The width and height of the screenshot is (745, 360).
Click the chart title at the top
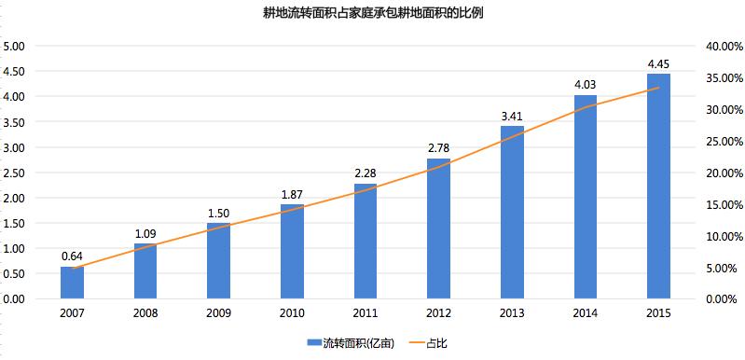click(x=373, y=13)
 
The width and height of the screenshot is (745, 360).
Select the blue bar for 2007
click(x=72, y=283)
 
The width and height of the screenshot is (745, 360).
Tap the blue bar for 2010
click(x=292, y=252)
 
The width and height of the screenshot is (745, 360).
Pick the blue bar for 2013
click(x=512, y=213)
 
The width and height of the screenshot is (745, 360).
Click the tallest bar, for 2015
click(x=658, y=187)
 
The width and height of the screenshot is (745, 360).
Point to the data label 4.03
click(x=586, y=85)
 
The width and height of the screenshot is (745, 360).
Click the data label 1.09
click(x=145, y=234)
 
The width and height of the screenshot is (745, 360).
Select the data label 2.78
click(x=438, y=148)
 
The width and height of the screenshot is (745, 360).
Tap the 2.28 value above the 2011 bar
click(x=366, y=173)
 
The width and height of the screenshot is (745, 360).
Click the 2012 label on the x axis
click(x=438, y=313)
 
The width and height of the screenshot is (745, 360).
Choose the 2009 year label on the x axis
click(x=218, y=313)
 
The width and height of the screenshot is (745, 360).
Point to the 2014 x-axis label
click(x=586, y=313)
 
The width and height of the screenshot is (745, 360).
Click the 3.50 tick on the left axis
click(x=14, y=122)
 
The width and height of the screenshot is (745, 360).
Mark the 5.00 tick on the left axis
click(x=14, y=46)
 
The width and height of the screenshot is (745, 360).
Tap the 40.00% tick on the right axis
click(x=725, y=46)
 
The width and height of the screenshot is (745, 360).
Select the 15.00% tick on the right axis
click(x=725, y=204)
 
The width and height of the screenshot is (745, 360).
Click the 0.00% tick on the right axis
click(x=728, y=299)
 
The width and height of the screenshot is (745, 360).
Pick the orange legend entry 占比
click(x=427, y=343)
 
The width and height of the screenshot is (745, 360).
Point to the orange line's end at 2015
click(x=658, y=88)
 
